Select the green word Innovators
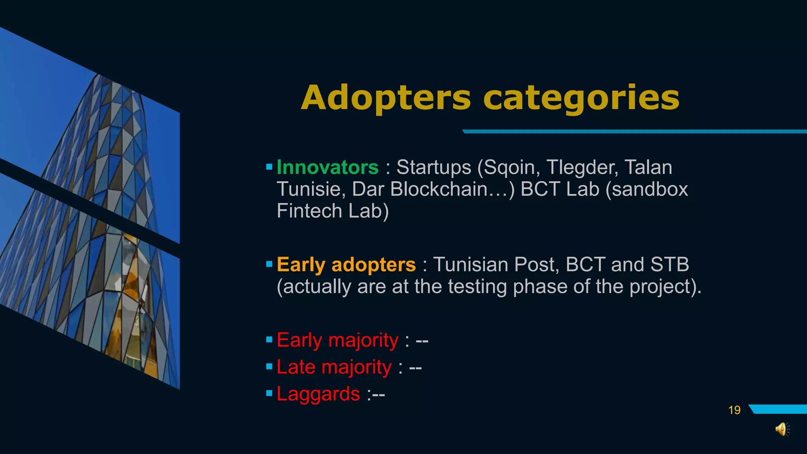click(327, 167)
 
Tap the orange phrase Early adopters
click(346, 264)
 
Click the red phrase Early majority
click(337, 340)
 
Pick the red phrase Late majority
click(334, 367)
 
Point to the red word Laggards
click(318, 394)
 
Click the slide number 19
click(734, 410)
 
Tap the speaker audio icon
click(782, 429)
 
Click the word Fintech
click(309, 211)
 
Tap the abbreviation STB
click(669, 264)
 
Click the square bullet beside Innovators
click(269, 167)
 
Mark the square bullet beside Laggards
click(269, 393)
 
